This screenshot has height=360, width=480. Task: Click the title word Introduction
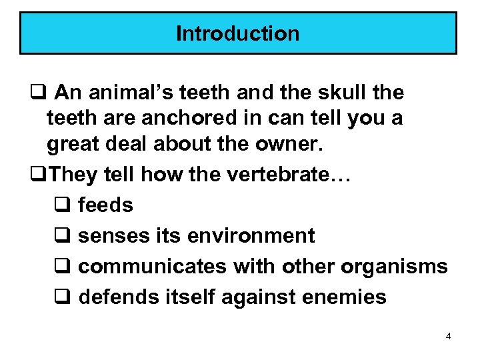tap(238, 33)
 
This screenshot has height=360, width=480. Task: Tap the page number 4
tap(448, 337)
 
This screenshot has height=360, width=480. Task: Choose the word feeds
tap(105, 205)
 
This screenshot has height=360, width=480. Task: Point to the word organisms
tap(394, 266)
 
